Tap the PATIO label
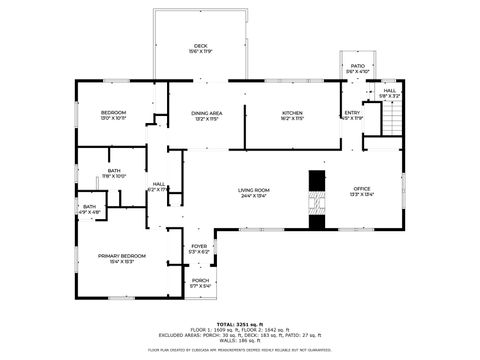coord(358,65)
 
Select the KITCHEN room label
coord(292,113)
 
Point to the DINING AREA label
coord(207,113)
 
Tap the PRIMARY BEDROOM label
coord(116,255)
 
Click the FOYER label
coord(200,245)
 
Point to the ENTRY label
coord(353,113)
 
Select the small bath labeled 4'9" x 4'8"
coord(90,209)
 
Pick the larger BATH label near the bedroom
coord(114,171)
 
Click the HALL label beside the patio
coord(389,91)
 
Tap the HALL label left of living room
coord(159,183)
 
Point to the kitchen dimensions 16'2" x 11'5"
coord(292,119)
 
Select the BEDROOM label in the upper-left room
coord(113,113)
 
